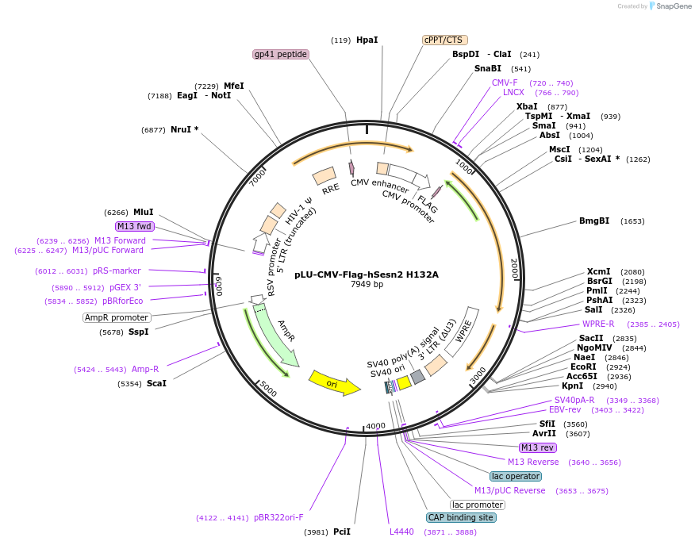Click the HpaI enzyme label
(367, 40)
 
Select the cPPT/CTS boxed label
(443, 40)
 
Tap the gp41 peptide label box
(280, 54)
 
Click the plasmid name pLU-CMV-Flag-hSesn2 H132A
(367, 275)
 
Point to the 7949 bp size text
(367, 285)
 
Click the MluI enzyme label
(143, 212)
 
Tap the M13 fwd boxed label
(134, 226)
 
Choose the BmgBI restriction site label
(594, 221)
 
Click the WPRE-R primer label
(598, 324)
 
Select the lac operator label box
(516, 476)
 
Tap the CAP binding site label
(461, 517)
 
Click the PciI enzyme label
(341, 532)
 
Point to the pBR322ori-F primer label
(278, 517)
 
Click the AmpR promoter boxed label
(117, 317)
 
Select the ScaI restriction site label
(156, 383)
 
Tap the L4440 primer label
(401, 532)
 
